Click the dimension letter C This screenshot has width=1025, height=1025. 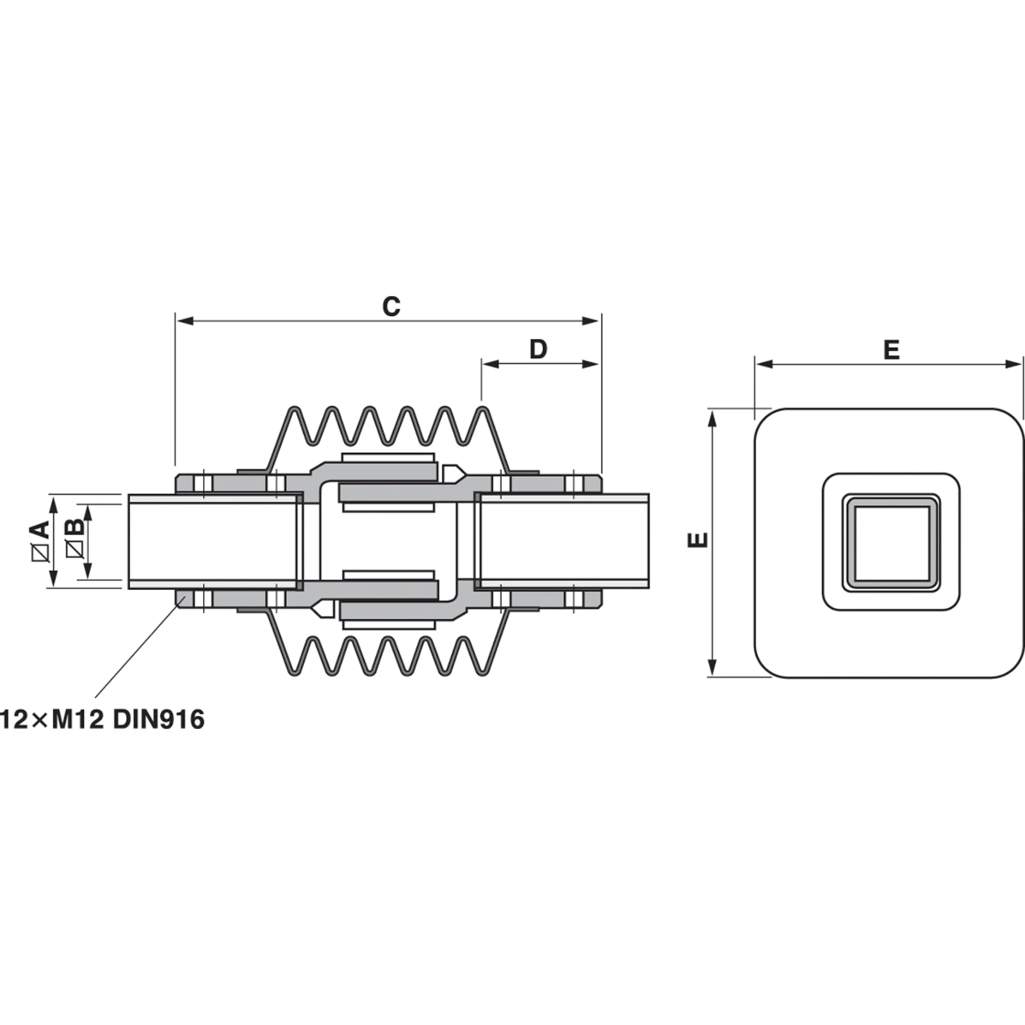(x=391, y=307)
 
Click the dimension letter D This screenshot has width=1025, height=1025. (x=538, y=350)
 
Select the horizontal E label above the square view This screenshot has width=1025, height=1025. (x=891, y=350)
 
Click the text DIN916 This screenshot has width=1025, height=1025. (x=159, y=719)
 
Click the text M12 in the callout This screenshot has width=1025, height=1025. (x=78, y=719)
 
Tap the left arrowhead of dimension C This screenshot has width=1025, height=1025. (x=183, y=320)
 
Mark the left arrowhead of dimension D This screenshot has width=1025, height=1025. (x=489, y=364)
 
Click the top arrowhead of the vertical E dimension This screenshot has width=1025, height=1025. (x=712, y=420)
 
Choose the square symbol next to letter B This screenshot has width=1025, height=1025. (x=75, y=550)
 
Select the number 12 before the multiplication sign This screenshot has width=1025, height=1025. (x=14, y=719)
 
